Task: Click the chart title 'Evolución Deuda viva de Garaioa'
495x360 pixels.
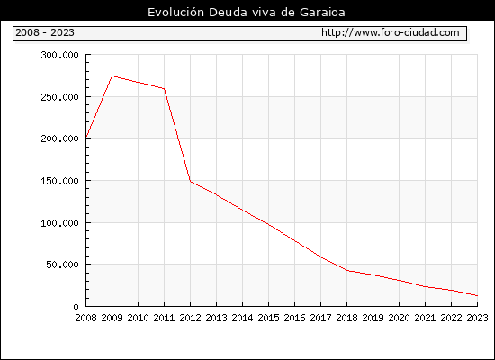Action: (247, 13)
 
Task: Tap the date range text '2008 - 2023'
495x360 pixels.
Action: (45, 32)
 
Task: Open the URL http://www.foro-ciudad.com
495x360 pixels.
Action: (391, 32)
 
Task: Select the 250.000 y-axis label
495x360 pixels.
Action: (59, 97)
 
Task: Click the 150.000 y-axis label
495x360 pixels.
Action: (59, 181)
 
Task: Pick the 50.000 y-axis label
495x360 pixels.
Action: (62, 265)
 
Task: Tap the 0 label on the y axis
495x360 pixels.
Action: (76, 307)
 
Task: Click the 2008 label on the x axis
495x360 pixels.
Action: (85, 318)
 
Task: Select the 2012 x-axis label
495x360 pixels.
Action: (191, 318)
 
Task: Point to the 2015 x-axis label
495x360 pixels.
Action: (269, 318)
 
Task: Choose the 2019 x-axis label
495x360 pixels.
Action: (373, 318)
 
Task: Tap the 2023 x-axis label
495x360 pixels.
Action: (477, 318)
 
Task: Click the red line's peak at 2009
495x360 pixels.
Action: (112, 76)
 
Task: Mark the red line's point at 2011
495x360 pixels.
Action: (164, 89)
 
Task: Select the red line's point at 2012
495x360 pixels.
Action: (191, 182)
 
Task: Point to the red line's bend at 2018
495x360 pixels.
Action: (347, 271)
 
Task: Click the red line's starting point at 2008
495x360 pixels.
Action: (86, 137)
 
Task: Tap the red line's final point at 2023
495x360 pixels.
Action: (477, 295)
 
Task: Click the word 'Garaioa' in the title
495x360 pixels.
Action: (322, 13)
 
